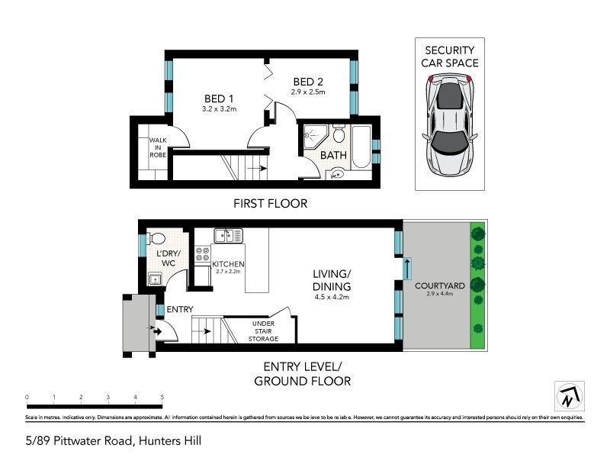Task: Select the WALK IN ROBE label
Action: click(x=158, y=147)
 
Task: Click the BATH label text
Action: click(x=333, y=155)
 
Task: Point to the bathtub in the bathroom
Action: click(x=361, y=147)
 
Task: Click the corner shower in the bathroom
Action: click(x=313, y=137)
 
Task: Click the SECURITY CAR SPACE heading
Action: click(x=450, y=56)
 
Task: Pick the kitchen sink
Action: click(x=228, y=235)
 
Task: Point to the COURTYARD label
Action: click(x=436, y=285)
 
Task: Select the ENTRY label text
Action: click(x=181, y=309)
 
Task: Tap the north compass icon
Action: click(x=568, y=395)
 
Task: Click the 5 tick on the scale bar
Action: click(x=162, y=398)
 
